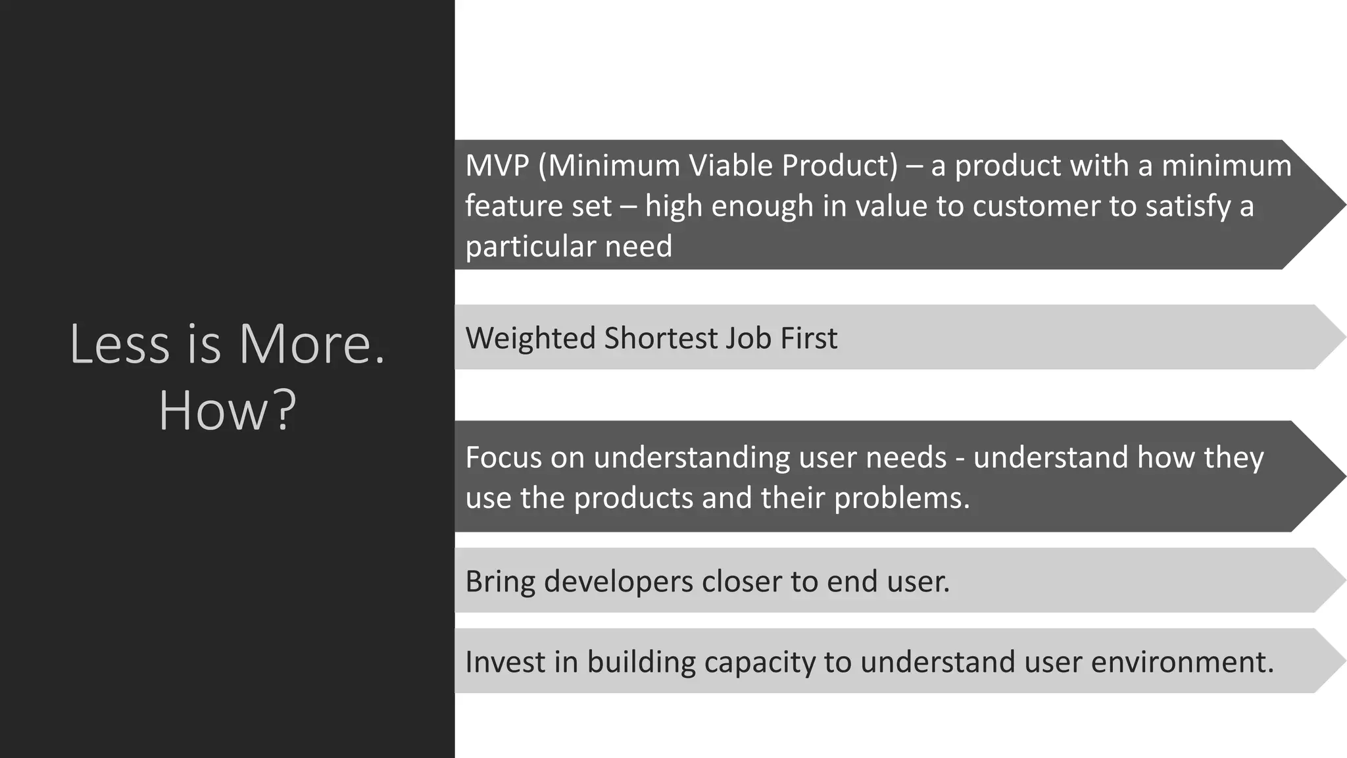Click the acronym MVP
click(497, 166)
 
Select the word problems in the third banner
click(902, 498)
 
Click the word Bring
click(500, 582)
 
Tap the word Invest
click(504, 662)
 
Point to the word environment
click(1182, 662)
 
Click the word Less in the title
click(119, 343)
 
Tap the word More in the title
click(310, 343)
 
